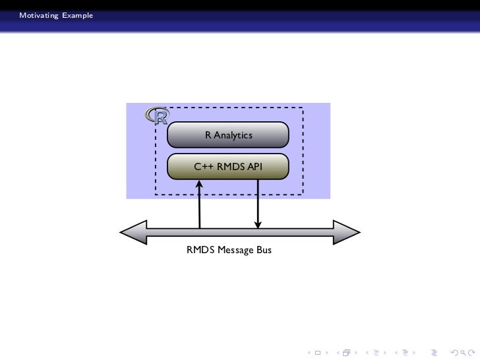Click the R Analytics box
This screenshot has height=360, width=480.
tap(228, 135)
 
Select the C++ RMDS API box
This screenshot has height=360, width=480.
tap(228, 167)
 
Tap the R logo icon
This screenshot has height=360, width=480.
tap(158, 116)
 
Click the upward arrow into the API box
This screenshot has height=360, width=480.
tap(199, 204)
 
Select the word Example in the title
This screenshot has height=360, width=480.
tap(78, 15)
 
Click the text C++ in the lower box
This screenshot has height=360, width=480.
tap(202, 167)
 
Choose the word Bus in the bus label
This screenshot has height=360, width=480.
tap(263, 251)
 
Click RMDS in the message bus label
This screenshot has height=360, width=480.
tap(198, 251)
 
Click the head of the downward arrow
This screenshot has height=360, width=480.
tap(258, 224)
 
